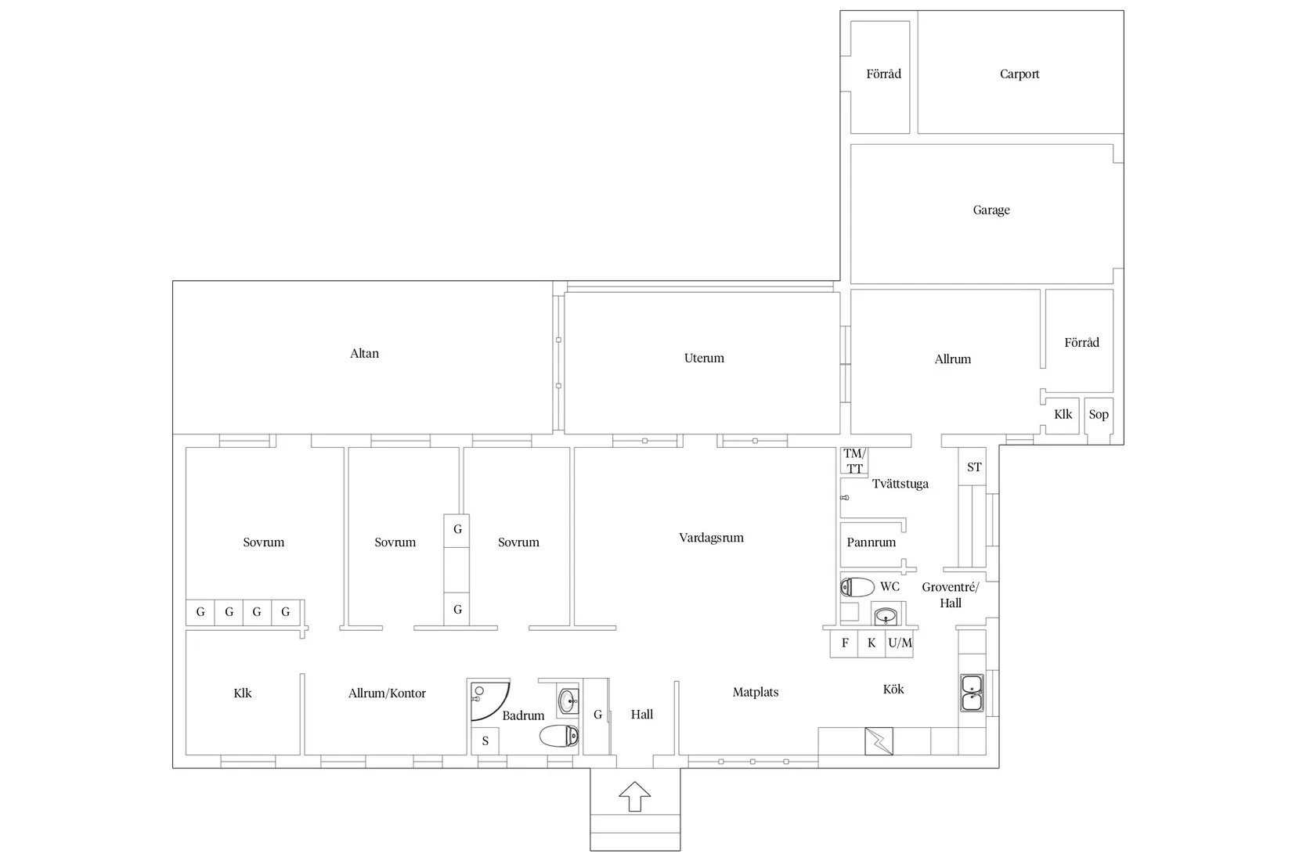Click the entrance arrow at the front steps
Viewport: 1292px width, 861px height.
[634, 796]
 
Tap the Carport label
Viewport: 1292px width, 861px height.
[1020, 74]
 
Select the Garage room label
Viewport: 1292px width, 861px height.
[991, 210]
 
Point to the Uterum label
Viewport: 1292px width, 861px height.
[704, 358]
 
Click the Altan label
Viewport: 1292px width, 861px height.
[364, 353]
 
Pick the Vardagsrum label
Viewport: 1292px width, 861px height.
[711, 538]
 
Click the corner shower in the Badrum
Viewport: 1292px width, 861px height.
[489, 701]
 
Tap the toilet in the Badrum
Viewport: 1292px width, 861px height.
[559, 736]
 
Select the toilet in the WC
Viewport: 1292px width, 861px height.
[857, 587]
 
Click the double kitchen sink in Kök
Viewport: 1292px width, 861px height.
[972, 693]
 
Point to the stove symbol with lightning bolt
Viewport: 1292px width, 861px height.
[879, 741]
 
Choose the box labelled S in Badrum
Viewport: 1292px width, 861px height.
[485, 741]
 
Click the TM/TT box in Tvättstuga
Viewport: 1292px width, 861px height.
[854, 461]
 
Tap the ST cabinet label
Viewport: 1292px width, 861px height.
[973, 467]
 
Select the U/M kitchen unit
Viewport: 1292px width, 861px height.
[899, 643]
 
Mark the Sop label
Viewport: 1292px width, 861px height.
[1098, 414]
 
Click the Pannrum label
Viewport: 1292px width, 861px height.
[871, 542]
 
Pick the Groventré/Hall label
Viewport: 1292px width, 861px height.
[950, 595]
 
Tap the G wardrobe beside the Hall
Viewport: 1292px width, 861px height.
[597, 715]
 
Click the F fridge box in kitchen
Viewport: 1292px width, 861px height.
[844, 643]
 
